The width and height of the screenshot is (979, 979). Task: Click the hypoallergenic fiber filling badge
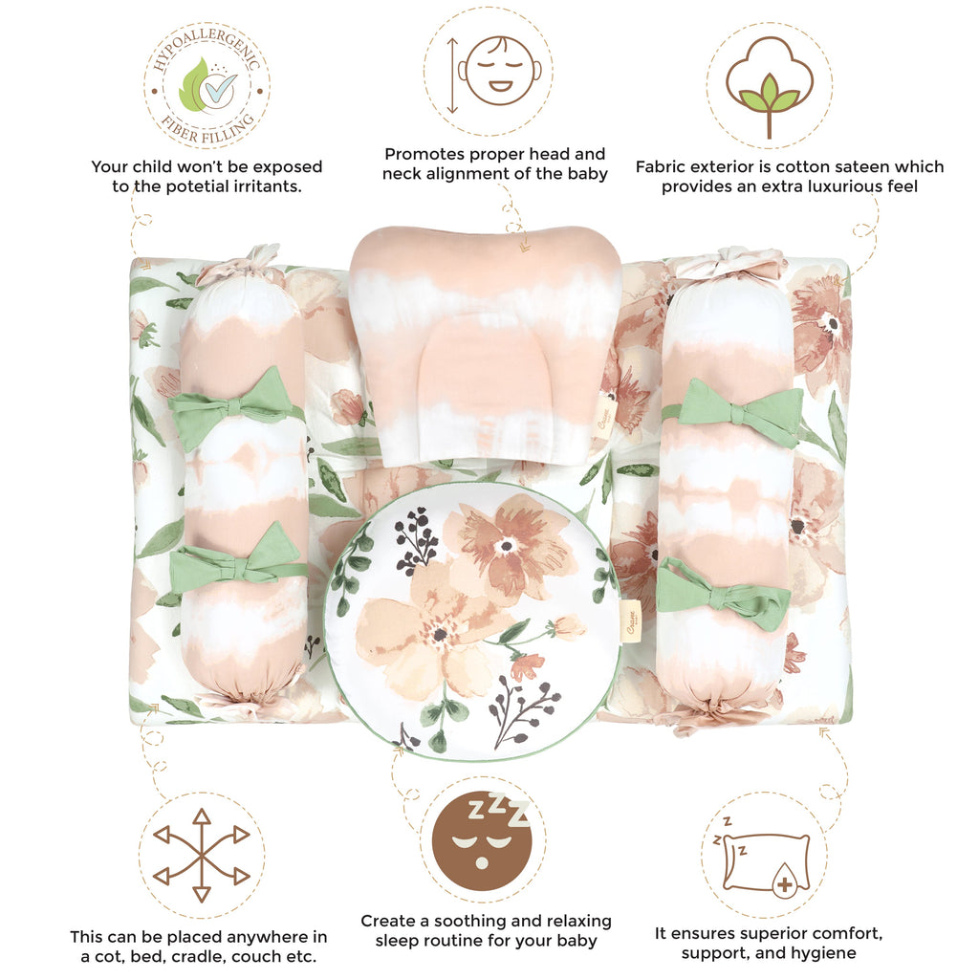[207, 87]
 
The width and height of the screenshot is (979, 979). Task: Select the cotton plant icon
[770, 86]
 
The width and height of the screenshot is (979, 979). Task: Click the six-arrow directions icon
[201, 855]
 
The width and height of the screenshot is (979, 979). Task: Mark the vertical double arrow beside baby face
[452, 76]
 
